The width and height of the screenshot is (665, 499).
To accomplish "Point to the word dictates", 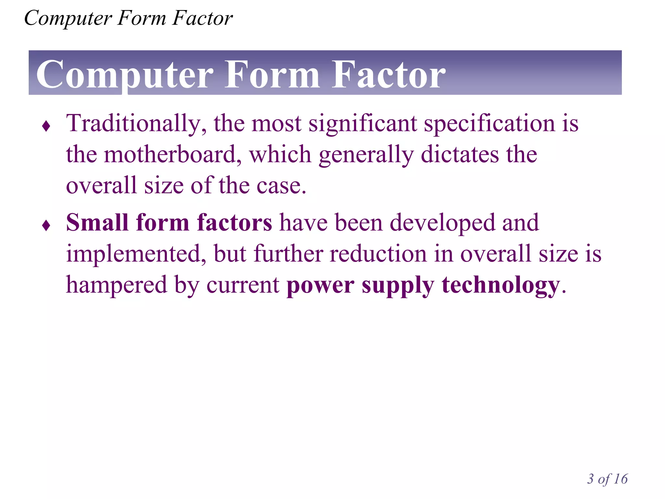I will point(459,155).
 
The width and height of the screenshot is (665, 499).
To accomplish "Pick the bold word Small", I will point(97,223).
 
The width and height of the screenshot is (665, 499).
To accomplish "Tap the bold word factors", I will point(234,223).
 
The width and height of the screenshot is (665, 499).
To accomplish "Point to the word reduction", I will point(378,254).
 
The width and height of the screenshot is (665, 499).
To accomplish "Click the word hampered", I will point(116,285).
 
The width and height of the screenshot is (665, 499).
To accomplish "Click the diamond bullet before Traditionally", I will point(46,126).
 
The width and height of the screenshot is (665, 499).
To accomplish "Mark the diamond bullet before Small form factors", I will point(46,225).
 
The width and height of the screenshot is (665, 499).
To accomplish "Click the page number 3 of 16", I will point(607,479).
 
